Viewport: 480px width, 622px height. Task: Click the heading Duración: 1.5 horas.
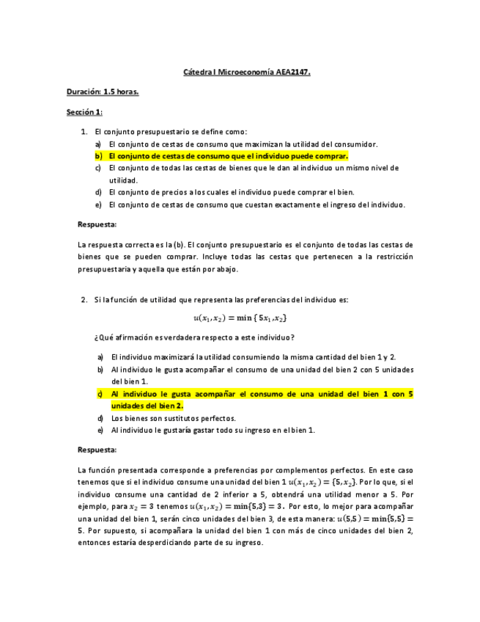click(103, 92)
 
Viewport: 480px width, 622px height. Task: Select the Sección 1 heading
click(84, 112)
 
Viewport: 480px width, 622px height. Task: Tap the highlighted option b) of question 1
click(227, 156)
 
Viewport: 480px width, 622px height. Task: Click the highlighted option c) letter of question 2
click(100, 394)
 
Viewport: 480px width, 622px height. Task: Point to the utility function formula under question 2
click(240, 318)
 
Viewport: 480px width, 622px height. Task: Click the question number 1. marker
click(84, 131)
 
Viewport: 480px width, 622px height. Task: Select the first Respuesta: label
click(97, 224)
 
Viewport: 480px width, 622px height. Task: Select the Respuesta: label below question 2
click(97, 450)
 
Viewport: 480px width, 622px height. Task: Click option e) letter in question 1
click(97, 205)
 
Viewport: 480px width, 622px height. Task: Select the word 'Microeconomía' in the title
click(245, 73)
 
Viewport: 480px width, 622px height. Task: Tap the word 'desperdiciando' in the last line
click(171, 543)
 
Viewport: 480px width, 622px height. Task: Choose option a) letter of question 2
click(100, 356)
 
